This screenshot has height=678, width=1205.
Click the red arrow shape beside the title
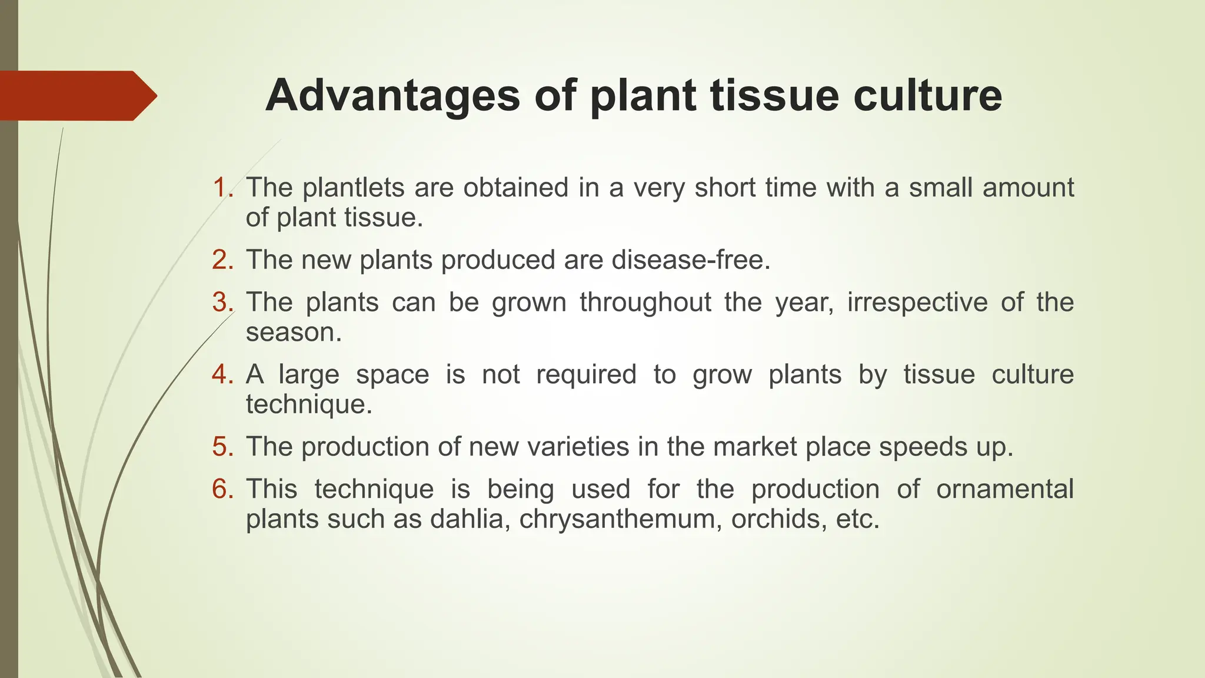click(76, 95)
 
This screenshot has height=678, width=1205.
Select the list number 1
click(222, 188)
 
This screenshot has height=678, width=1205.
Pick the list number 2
click(222, 260)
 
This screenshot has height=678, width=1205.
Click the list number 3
click(222, 303)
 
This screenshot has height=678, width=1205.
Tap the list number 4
click(222, 374)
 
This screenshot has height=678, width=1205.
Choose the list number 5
click(222, 447)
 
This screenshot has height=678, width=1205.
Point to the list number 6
click(222, 489)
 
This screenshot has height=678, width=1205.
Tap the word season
click(293, 333)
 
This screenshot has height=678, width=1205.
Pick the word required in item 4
click(586, 374)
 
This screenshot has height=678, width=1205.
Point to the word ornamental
click(1004, 489)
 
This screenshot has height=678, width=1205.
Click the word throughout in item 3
click(645, 303)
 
